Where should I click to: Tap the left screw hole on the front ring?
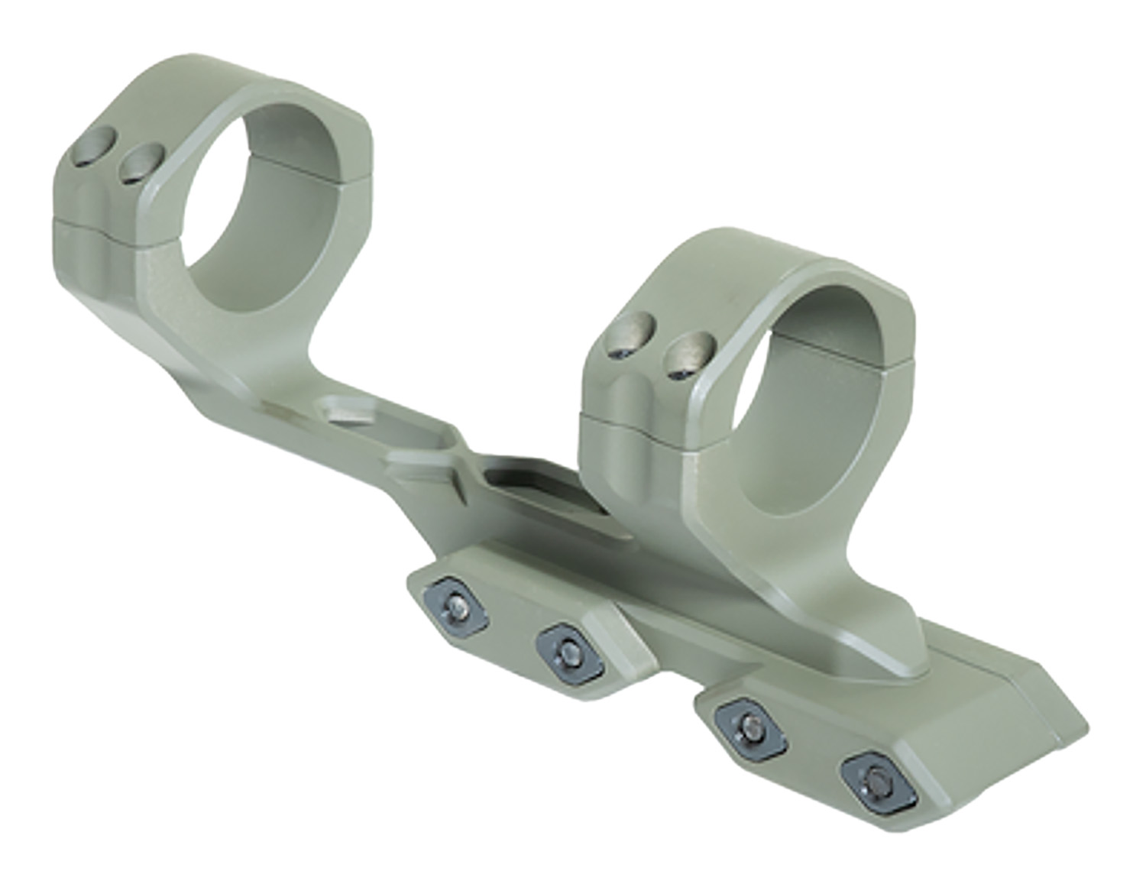point(630,336)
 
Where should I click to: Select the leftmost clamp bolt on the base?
point(455,604)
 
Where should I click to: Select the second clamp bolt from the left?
point(570,650)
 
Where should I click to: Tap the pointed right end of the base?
point(1083,726)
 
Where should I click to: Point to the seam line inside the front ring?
point(848,344)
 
